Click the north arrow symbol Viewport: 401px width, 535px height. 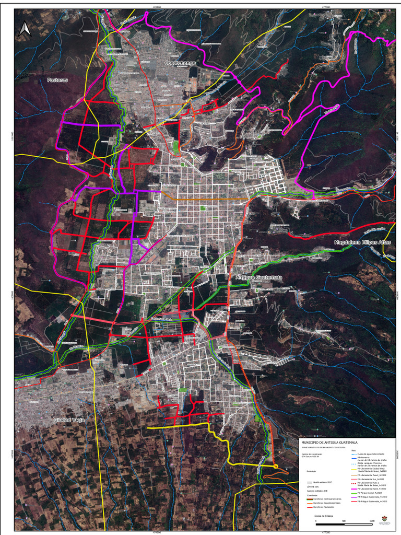[24, 29]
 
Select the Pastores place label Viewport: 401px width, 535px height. [57, 80]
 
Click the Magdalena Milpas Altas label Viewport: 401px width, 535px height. [362, 243]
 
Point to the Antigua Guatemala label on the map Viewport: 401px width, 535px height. [258, 277]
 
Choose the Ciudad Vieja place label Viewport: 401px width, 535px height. [69, 420]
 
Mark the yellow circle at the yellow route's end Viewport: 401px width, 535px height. [275, 467]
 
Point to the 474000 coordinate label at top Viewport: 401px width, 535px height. [157, 7]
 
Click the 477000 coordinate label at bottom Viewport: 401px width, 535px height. [326, 532]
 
